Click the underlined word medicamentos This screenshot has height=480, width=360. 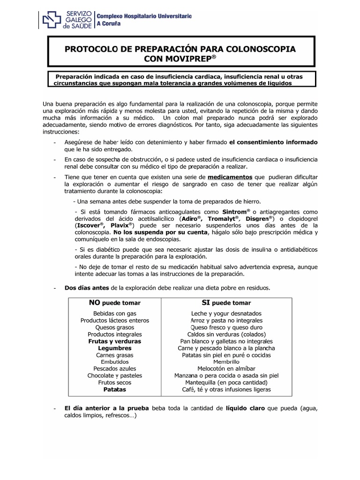click(x=230, y=177)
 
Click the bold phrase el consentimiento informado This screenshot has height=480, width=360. click(x=273, y=142)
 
